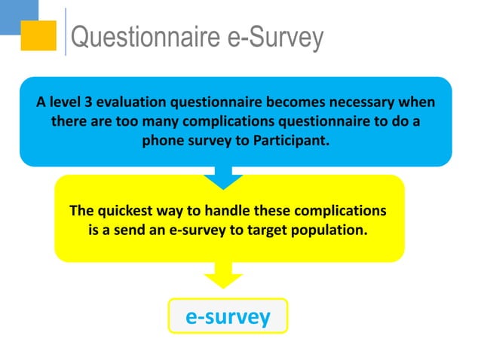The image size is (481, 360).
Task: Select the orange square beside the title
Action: coord(38,35)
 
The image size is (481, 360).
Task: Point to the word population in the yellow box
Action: coord(329,230)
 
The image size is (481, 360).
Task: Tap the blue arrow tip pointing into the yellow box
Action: coord(223,182)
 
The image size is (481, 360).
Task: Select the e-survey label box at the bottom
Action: coord(228,317)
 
